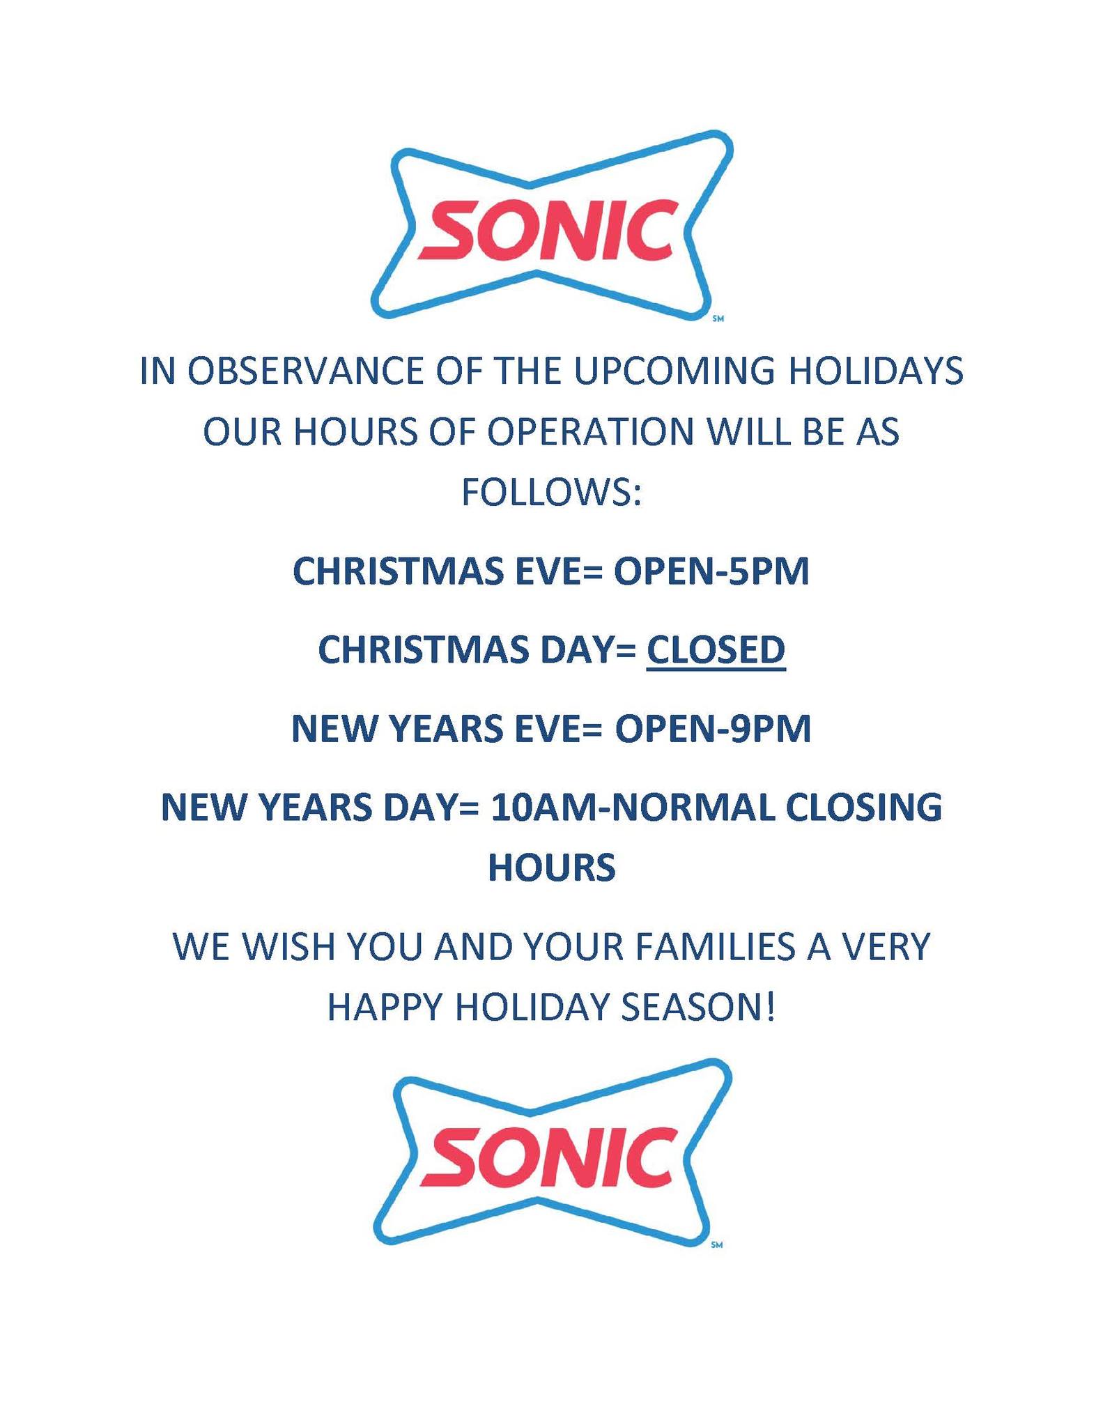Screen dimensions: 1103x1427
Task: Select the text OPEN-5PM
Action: [x=711, y=572]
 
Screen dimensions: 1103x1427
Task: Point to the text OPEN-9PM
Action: [x=713, y=730]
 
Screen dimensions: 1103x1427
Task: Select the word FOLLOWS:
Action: [x=551, y=493]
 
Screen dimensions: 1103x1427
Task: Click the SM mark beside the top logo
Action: [x=720, y=320]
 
